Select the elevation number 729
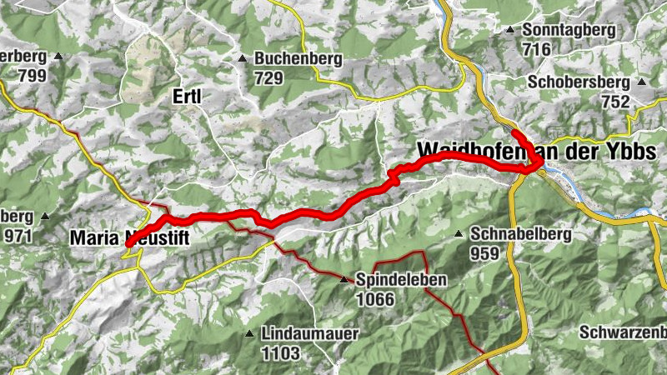[269, 77]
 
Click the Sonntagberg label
[569, 30]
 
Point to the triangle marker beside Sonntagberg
[509, 30]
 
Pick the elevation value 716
[537, 49]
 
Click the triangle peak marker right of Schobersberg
[641, 82]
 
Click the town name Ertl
[188, 97]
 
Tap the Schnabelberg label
[521, 234]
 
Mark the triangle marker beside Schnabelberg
[458, 234]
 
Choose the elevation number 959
[485, 252]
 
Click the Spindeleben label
[401, 279]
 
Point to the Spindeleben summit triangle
[344, 279]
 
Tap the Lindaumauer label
[309, 334]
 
